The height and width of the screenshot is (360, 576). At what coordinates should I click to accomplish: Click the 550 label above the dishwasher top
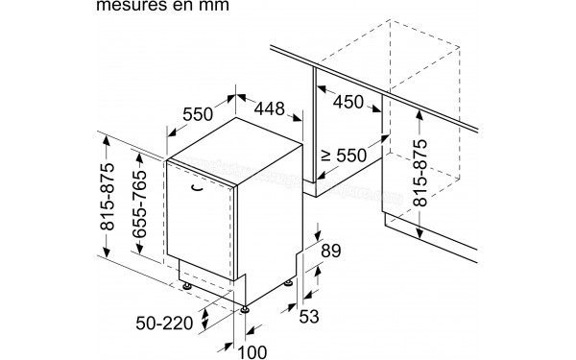point(198,113)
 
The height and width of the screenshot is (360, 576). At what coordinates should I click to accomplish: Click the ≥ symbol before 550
point(326,153)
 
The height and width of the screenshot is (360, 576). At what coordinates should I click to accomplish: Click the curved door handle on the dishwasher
point(197,188)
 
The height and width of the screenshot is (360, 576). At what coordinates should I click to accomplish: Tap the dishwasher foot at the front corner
point(247,307)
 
